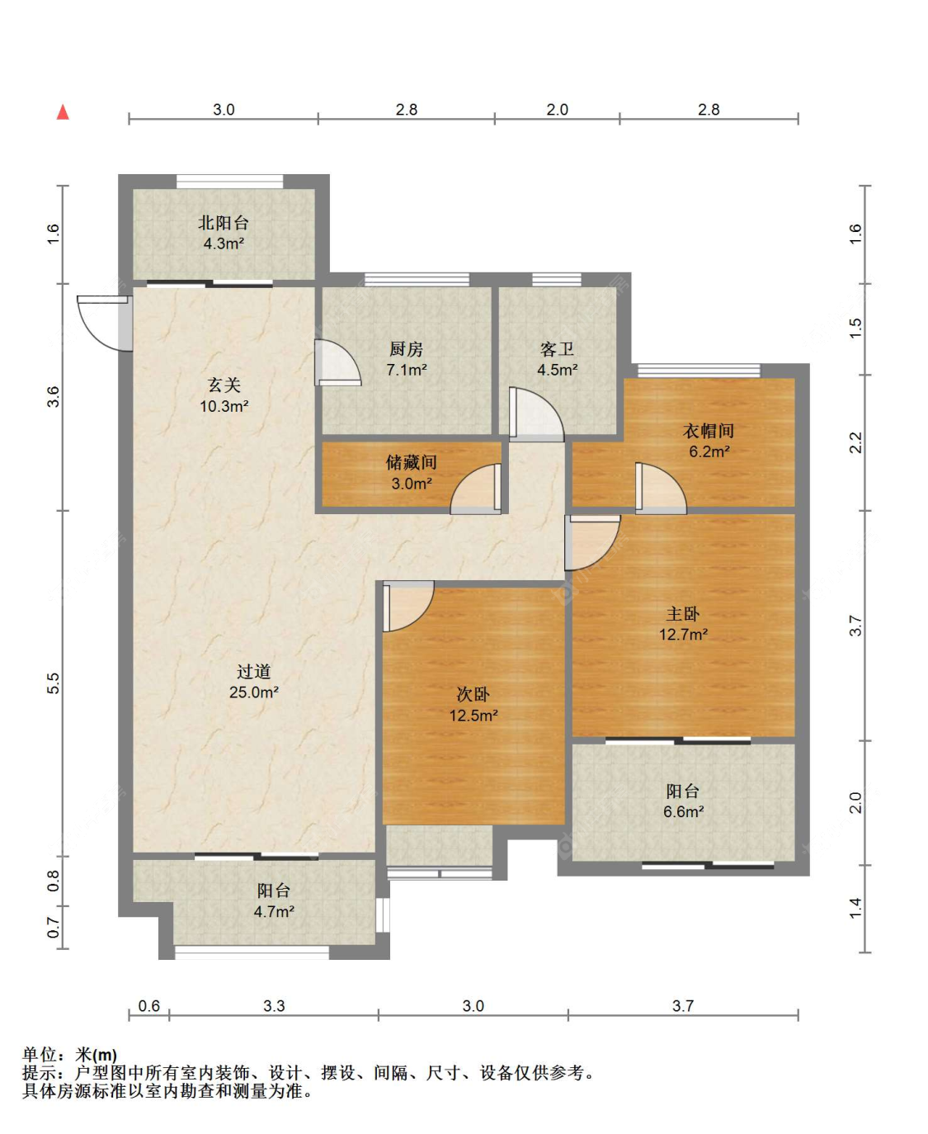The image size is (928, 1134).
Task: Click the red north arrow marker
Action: point(63,112)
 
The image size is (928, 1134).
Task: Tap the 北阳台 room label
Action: point(224,223)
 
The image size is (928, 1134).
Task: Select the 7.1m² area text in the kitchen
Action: point(407,370)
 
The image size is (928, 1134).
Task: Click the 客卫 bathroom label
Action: point(558,349)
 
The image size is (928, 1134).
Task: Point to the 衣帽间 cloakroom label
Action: point(709,431)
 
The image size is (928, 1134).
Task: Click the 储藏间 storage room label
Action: point(411,462)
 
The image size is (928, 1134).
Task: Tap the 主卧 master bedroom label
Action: point(683,613)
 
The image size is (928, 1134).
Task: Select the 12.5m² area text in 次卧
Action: point(473,715)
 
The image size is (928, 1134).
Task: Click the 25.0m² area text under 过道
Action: point(253,692)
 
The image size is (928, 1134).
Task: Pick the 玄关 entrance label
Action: point(224,385)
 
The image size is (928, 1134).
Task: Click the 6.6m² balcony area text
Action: point(684,811)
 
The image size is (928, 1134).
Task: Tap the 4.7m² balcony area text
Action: point(274,911)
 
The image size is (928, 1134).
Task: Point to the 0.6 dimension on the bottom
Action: point(148,1005)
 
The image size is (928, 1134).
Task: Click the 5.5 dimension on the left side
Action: point(53,683)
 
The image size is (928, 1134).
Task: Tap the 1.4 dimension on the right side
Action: point(855,908)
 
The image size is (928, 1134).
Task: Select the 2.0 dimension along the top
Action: point(558,110)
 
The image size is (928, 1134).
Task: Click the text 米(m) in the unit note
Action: point(97,1055)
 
